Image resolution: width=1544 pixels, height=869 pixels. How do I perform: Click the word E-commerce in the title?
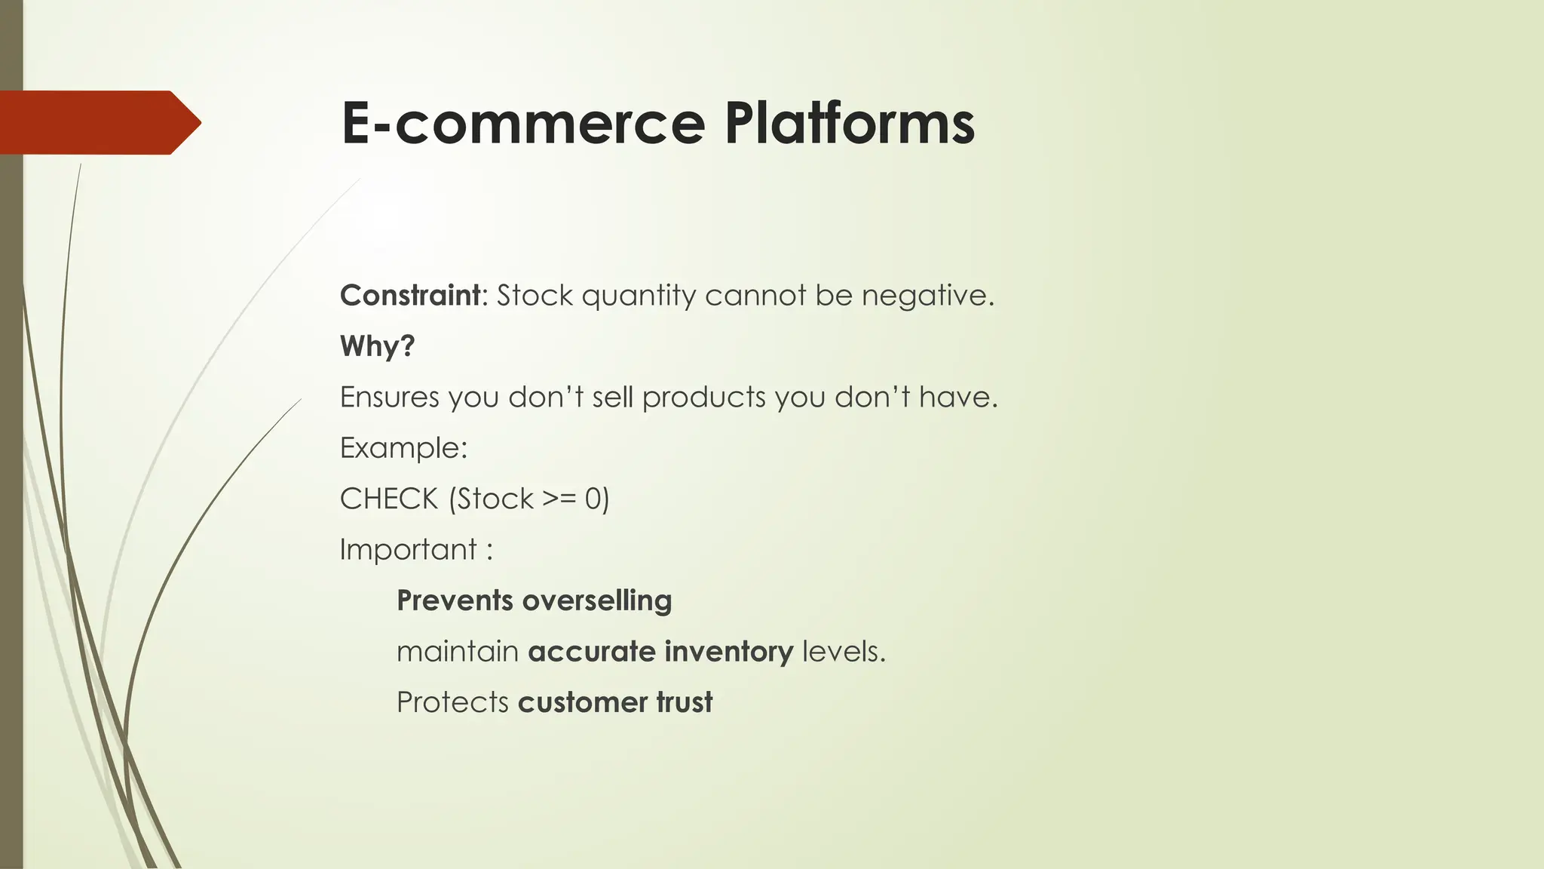522,123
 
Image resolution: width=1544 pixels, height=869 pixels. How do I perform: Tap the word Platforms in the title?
850,123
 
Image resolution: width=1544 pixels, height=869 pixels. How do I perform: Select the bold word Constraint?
409,295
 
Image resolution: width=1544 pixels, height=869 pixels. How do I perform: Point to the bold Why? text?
377,346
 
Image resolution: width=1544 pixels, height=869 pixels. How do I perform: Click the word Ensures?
389,397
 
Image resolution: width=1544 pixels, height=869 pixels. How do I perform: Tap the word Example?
403,448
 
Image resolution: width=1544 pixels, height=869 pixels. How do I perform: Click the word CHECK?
389,499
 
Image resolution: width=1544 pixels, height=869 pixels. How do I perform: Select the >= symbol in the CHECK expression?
559,499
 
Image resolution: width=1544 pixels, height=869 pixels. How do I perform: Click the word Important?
408,549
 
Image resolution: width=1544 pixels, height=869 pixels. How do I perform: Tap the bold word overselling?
596,600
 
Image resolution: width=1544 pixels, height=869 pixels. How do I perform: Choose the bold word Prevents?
455,600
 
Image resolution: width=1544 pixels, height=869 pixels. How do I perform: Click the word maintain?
457,651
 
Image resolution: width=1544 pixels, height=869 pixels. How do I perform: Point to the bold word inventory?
728,651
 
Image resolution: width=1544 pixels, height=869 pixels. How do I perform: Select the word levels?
844,651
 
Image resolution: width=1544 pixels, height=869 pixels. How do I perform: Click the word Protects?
452,702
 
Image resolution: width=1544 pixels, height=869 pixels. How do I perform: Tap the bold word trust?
684,702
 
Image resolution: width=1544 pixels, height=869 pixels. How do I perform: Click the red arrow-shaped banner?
98,122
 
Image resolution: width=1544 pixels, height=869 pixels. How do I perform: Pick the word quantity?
639,295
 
